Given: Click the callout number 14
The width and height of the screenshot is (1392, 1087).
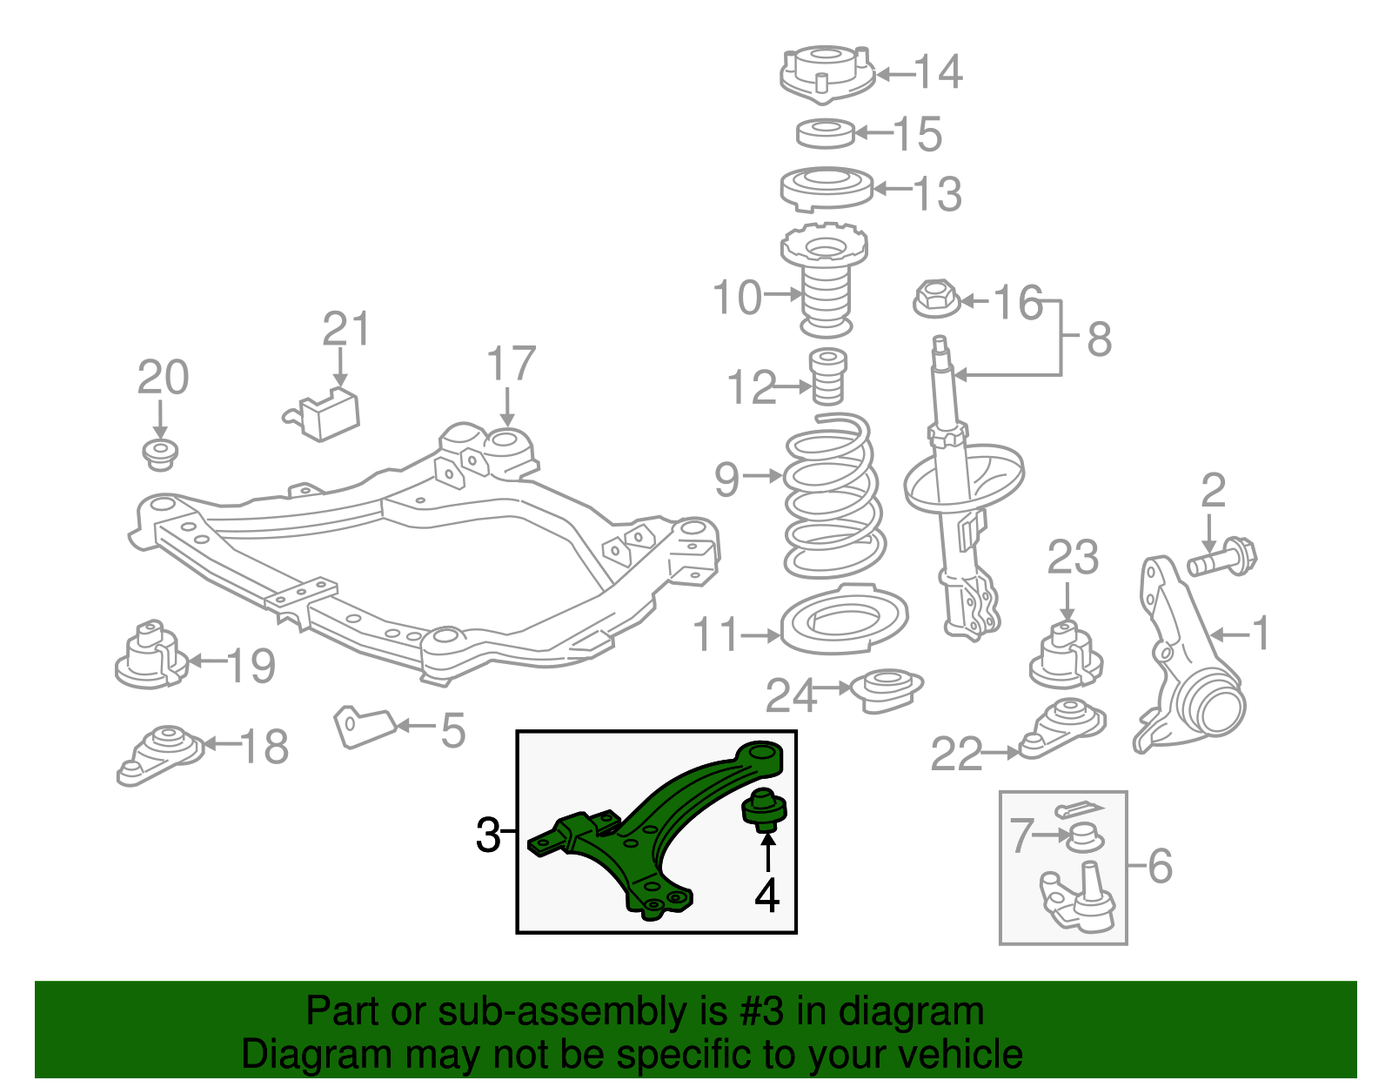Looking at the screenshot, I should point(938,72).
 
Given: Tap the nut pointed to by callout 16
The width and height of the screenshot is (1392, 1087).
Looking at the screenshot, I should point(936,299).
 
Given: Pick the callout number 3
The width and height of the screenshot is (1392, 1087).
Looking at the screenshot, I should point(488,835).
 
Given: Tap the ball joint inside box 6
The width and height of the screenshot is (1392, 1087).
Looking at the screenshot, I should point(1079,896).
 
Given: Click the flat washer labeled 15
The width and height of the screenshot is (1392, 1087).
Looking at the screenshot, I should point(826,133).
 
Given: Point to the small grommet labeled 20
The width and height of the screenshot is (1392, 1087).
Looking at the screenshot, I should point(160,454).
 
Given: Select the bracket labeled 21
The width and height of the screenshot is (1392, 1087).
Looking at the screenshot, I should point(326,416).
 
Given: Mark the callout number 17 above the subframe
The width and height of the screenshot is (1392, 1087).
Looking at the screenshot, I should point(511,364).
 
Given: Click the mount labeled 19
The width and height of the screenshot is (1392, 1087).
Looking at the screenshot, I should point(151,657).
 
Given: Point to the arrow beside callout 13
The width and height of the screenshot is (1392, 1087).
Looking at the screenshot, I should point(892,188).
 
